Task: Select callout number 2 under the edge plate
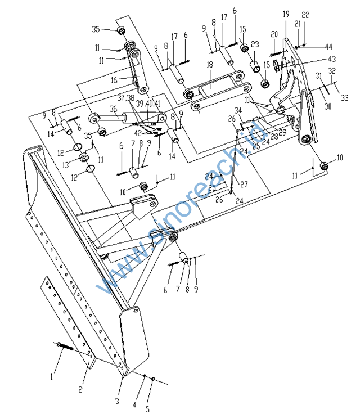tap(80, 389)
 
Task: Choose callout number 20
tap(274, 34)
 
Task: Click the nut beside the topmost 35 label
tap(121, 30)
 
